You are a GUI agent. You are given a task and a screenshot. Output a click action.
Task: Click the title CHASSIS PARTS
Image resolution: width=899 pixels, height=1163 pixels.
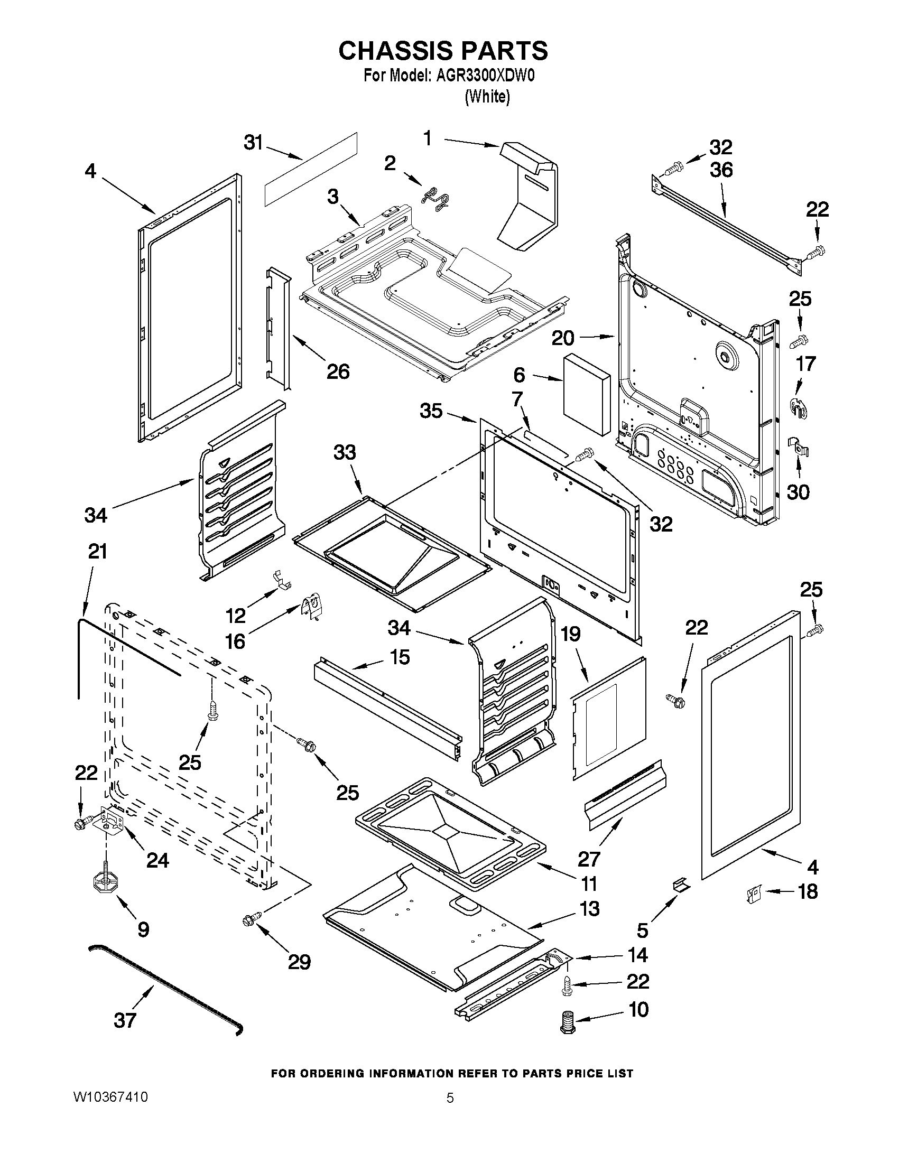tap(443, 51)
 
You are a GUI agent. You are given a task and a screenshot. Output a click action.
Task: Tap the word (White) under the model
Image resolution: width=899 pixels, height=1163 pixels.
tap(487, 97)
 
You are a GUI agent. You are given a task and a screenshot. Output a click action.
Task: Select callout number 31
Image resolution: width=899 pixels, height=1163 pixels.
tap(254, 143)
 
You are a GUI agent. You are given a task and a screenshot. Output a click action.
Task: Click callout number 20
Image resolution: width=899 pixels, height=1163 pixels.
tap(563, 338)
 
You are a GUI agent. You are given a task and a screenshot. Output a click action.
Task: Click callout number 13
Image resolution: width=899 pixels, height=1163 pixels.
tap(589, 909)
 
